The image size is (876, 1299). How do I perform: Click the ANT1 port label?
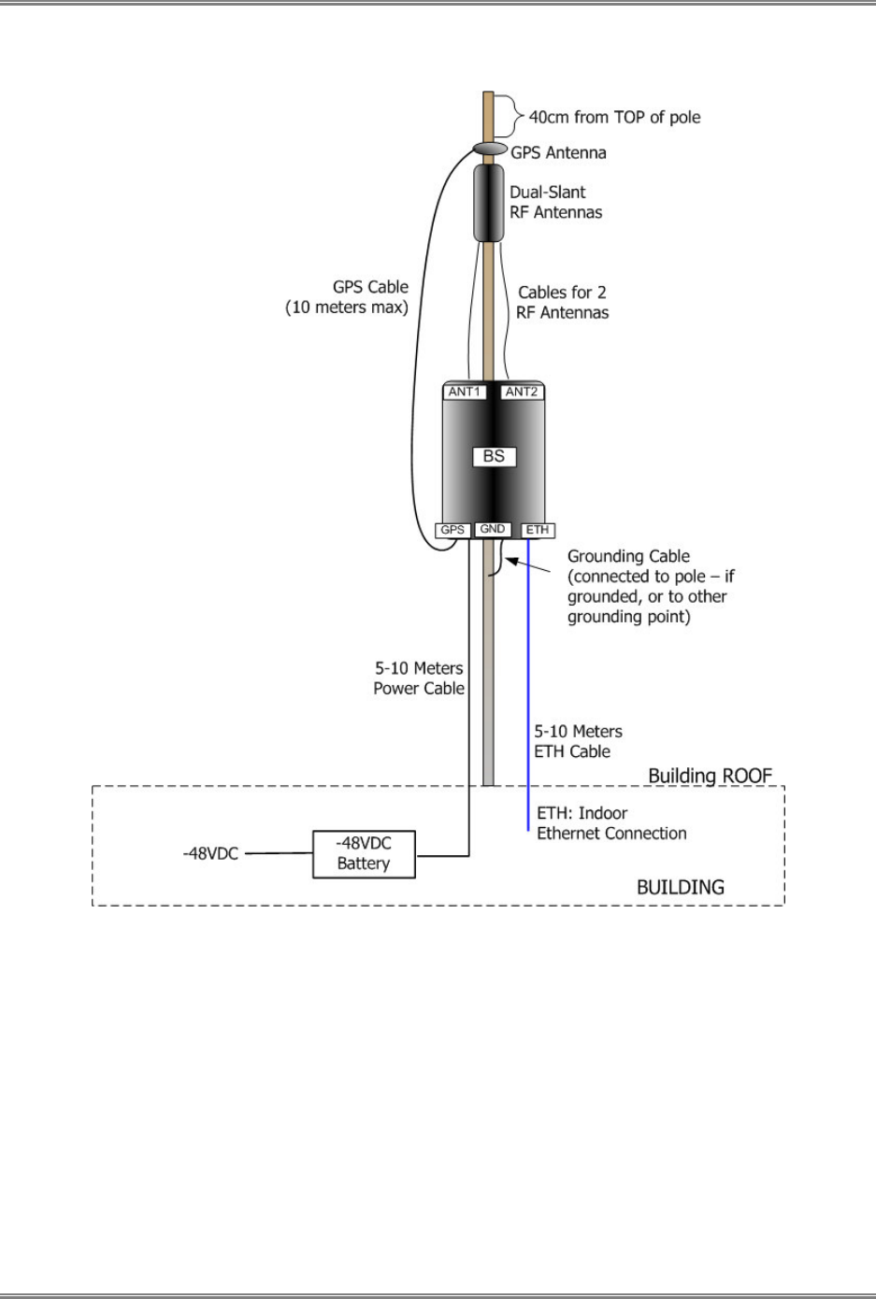[464, 392]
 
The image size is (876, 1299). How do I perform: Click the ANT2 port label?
[522, 392]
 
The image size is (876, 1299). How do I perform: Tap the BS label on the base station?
[494, 456]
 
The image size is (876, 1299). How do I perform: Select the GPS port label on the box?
[452, 530]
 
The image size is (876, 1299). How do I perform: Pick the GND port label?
[493, 529]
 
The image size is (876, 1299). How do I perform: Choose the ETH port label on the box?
[538, 530]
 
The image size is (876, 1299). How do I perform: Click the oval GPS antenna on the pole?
[490, 150]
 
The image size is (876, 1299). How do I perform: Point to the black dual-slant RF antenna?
[488, 202]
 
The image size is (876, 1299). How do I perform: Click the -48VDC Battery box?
[364, 853]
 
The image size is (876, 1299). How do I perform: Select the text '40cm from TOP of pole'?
[614, 117]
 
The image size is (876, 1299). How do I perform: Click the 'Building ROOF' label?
[710, 776]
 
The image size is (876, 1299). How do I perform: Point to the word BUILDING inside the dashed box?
[680, 887]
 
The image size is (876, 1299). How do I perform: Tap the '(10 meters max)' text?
[347, 307]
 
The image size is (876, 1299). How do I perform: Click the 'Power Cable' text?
[419, 688]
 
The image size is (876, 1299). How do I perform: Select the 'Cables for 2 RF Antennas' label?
[562, 303]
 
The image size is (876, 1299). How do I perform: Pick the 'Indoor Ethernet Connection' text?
[611, 833]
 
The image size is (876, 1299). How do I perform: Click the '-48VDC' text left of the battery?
[210, 853]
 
